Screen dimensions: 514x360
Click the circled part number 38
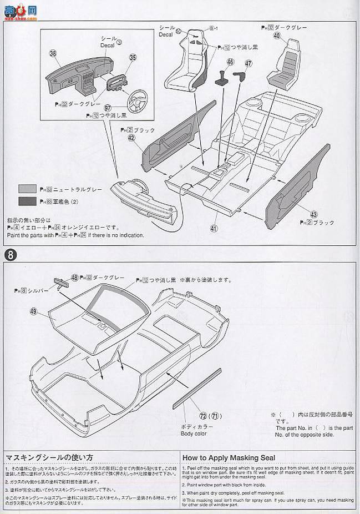tap(53, 54)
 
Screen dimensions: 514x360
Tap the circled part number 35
tap(133, 57)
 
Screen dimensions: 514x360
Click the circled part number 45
tap(230, 62)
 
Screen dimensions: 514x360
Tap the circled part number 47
tap(248, 63)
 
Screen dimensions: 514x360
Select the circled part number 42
tap(131, 139)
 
